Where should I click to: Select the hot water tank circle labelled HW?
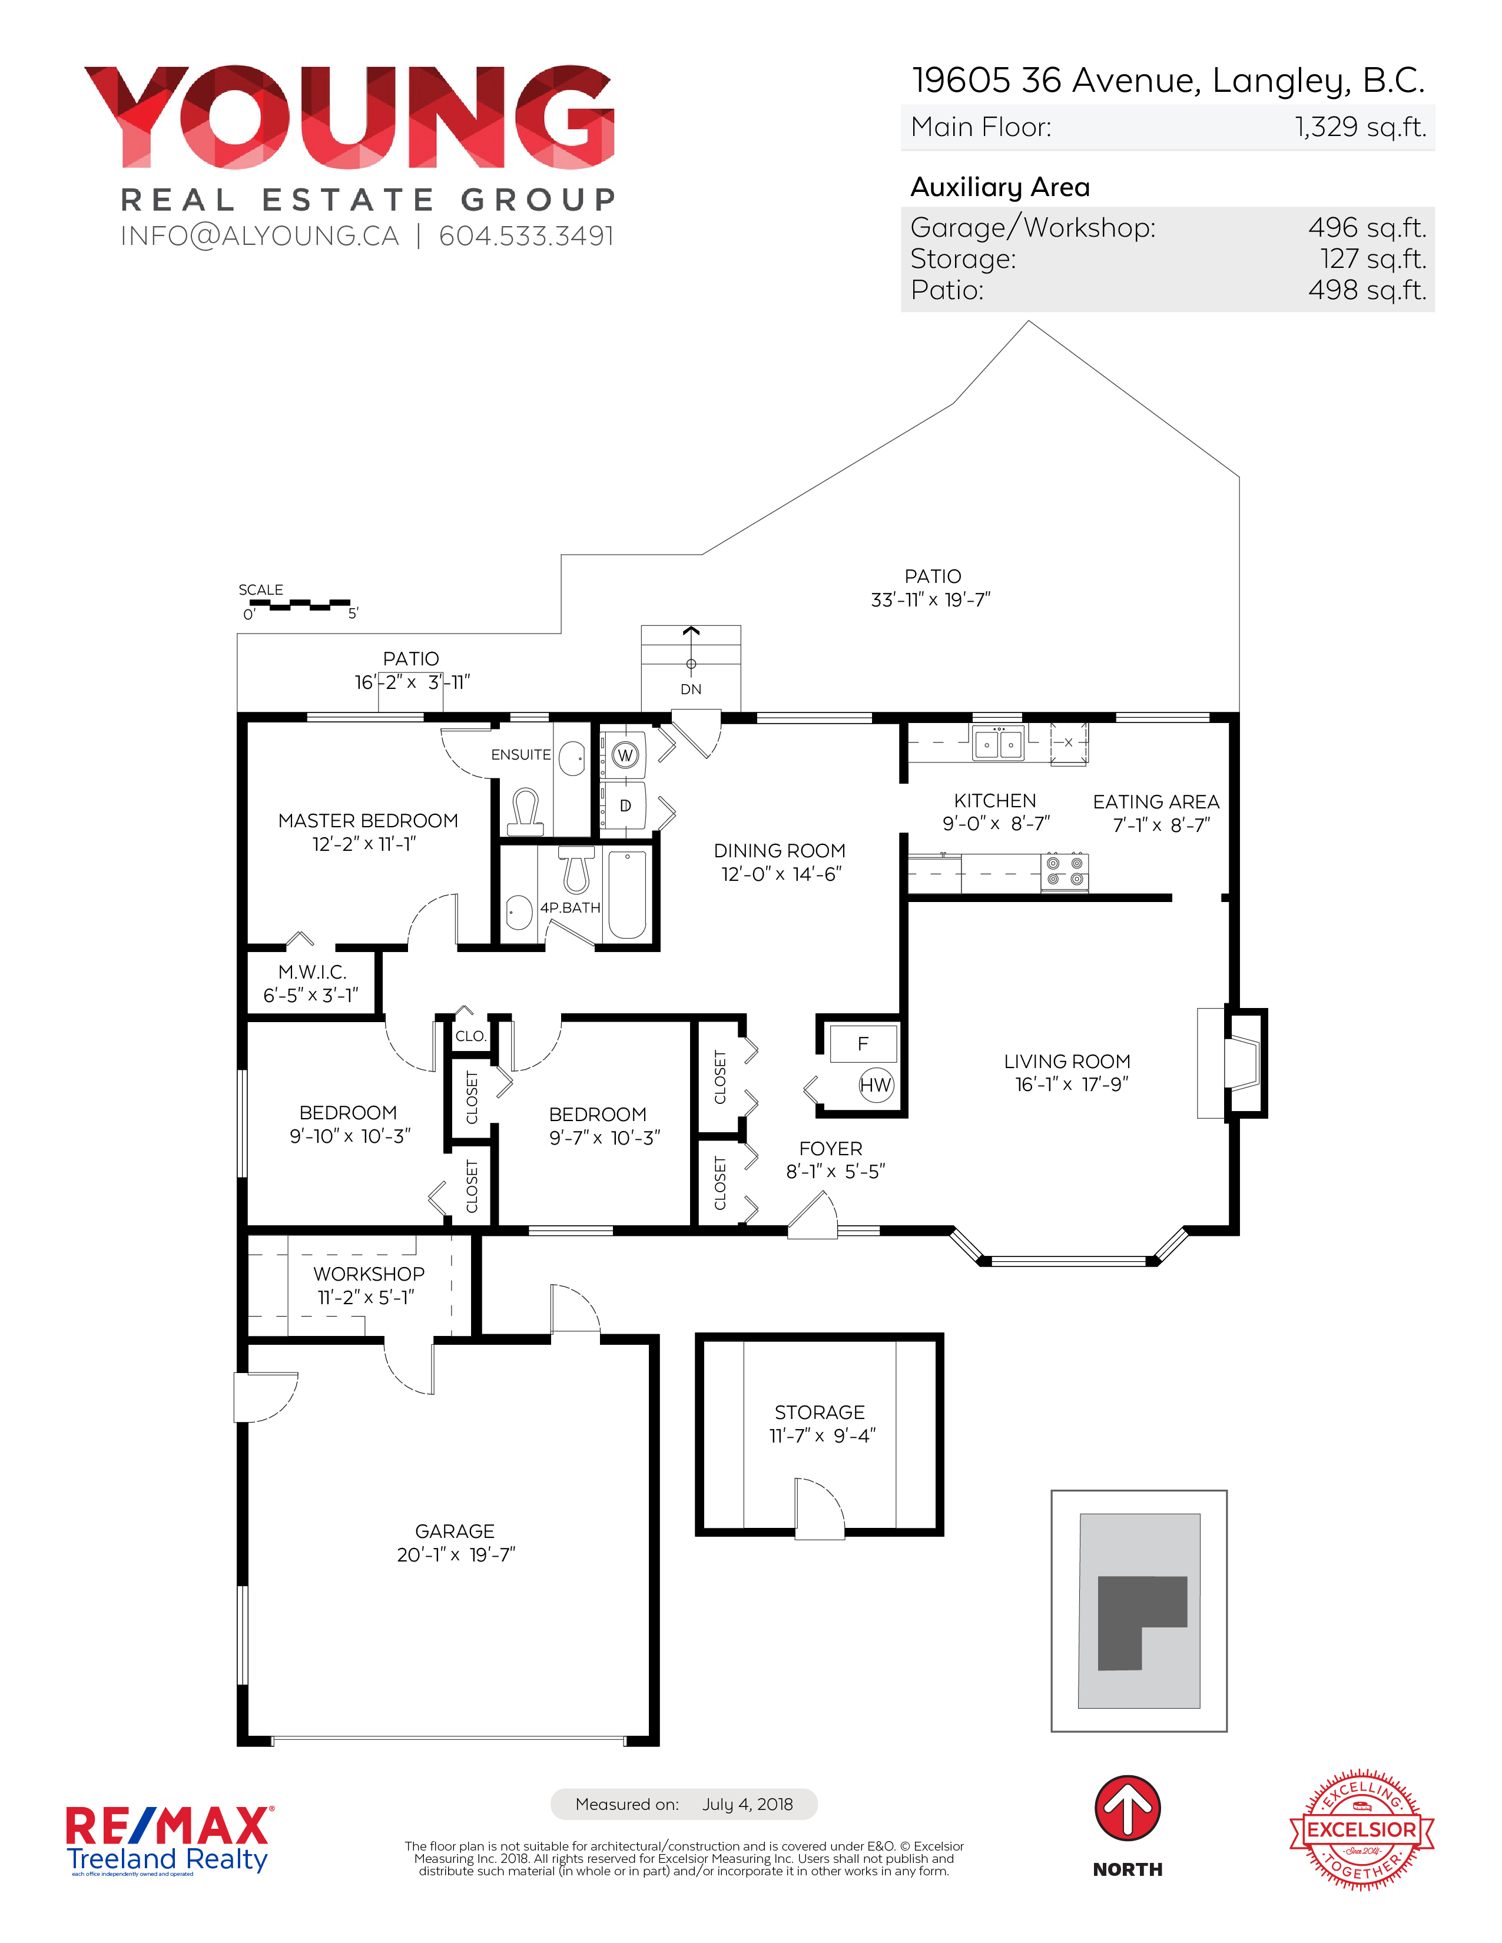876,1085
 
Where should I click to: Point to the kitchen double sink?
999,743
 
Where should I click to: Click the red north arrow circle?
1128,1809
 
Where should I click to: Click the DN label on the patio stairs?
691,689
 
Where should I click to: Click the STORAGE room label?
820,1412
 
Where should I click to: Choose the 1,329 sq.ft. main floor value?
1361,127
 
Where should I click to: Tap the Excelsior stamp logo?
1361,1829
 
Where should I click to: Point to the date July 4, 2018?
747,1804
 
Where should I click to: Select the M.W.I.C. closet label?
311,973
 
